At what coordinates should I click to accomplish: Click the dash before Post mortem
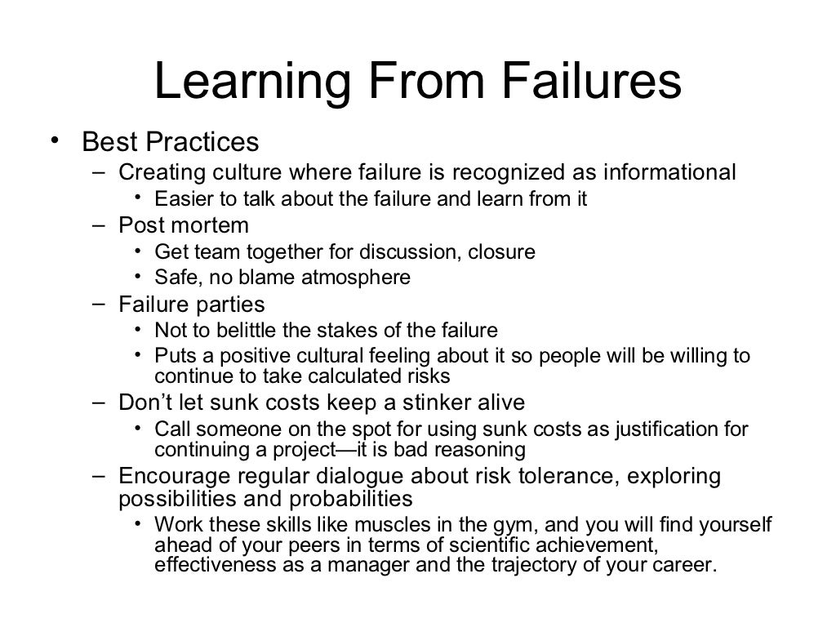coord(99,225)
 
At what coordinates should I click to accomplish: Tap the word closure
coord(501,251)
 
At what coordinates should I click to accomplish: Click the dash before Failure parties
coord(99,304)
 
